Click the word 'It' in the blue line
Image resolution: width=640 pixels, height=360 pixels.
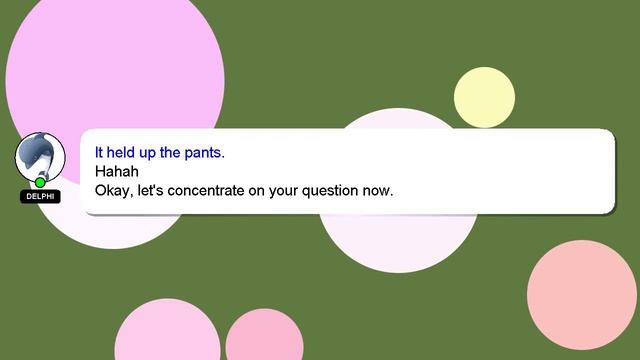pos(99,153)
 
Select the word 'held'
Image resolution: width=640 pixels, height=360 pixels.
pos(122,153)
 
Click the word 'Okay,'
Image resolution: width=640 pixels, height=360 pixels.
pos(112,190)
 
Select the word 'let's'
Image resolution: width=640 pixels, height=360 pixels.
pos(150,189)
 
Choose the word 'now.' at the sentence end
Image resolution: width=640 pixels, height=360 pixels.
pos(381,189)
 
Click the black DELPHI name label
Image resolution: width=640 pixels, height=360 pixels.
pos(40,197)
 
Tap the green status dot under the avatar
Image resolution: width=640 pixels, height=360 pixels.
pos(40,182)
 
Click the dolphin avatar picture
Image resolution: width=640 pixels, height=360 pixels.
pos(40,155)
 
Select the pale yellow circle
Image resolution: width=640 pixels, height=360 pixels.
pos(484,97)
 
